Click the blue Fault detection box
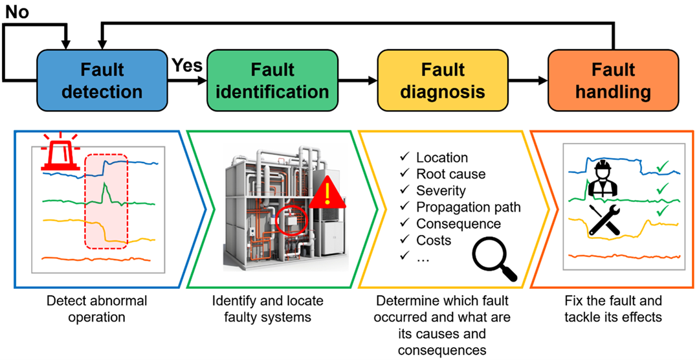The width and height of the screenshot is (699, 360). coord(102,80)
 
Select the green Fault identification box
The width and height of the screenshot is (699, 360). coord(272,80)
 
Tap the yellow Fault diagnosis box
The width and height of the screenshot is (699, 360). coord(442,80)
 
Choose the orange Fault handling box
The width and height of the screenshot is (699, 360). coord(613,80)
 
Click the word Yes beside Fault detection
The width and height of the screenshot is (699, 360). coord(187,65)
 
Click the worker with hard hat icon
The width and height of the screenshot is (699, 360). coord(603,178)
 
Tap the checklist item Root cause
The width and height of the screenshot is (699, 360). coord(450,174)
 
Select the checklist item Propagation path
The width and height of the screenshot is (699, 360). coord(468,207)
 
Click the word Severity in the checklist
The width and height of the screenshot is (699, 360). coord(441,190)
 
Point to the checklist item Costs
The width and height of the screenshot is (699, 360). coord(434,241)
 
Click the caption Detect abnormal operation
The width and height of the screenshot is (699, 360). coord(97,309)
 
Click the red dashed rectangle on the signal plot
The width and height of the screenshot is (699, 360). coord(106,201)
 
